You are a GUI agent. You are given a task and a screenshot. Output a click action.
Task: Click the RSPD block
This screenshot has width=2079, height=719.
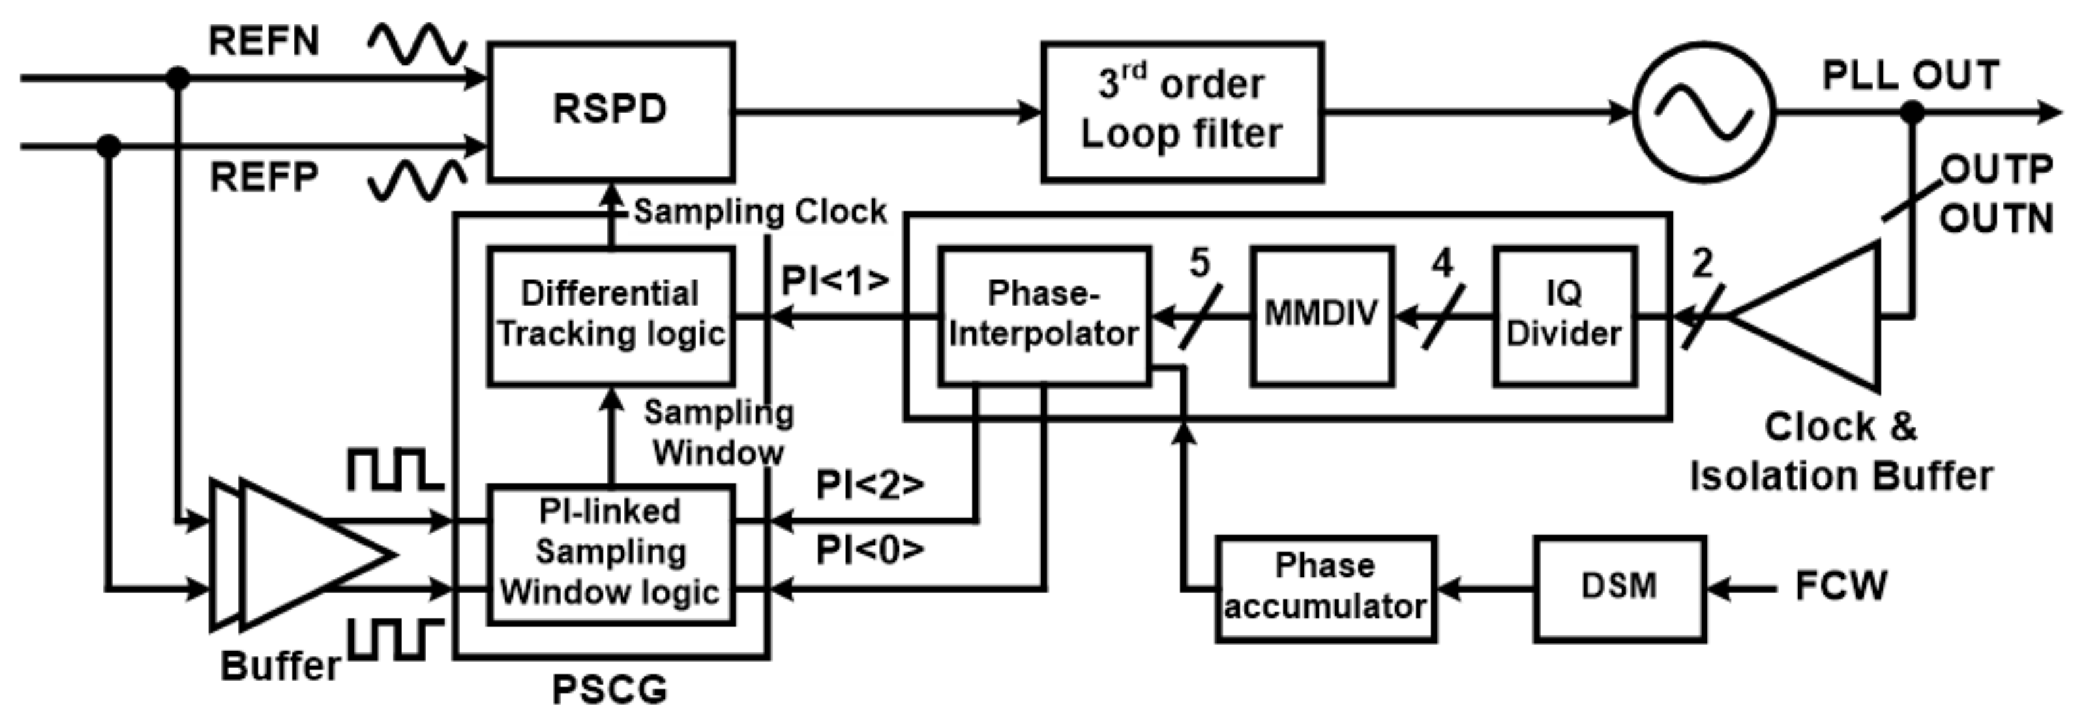click(611, 111)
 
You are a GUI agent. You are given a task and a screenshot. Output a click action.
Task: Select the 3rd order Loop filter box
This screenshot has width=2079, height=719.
click(1182, 111)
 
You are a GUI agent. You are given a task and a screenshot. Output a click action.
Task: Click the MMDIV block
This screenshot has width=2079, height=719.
click(1321, 315)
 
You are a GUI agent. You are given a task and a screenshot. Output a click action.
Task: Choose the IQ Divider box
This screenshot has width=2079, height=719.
click(1564, 315)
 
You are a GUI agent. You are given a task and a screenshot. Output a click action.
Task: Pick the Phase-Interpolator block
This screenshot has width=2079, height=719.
click(1043, 315)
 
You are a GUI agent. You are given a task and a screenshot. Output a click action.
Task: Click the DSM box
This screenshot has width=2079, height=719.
click(1619, 587)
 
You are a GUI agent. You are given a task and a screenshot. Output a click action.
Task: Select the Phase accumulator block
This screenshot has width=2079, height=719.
click(1325, 587)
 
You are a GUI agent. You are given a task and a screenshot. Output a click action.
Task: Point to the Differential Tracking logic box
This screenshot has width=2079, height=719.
click(611, 315)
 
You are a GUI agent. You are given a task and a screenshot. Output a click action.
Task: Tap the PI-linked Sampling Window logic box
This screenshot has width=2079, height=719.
click(611, 554)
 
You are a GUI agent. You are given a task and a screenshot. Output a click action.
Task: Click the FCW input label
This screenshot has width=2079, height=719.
click(1841, 587)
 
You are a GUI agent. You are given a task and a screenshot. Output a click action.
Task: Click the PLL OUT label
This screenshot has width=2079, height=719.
click(1910, 76)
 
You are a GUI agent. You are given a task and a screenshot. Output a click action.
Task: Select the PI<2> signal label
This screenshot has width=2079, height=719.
click(869, 485)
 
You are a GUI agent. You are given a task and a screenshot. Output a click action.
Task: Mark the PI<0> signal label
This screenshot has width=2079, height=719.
click(869, 550)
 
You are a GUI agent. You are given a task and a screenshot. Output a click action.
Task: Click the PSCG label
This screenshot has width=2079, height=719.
click(609, 691)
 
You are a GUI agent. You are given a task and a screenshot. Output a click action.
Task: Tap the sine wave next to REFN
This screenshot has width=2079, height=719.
click(417, 44)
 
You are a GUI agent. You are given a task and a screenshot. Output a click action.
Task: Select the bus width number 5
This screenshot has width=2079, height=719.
click(1200, 263)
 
